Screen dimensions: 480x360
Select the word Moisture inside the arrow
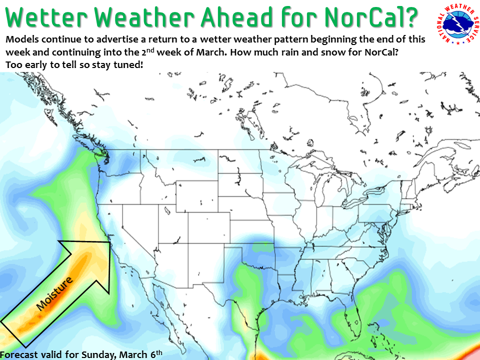tap(54, 293)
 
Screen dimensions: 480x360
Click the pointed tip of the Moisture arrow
tap(110, 242)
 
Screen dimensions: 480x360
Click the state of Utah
tap(173, 224)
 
